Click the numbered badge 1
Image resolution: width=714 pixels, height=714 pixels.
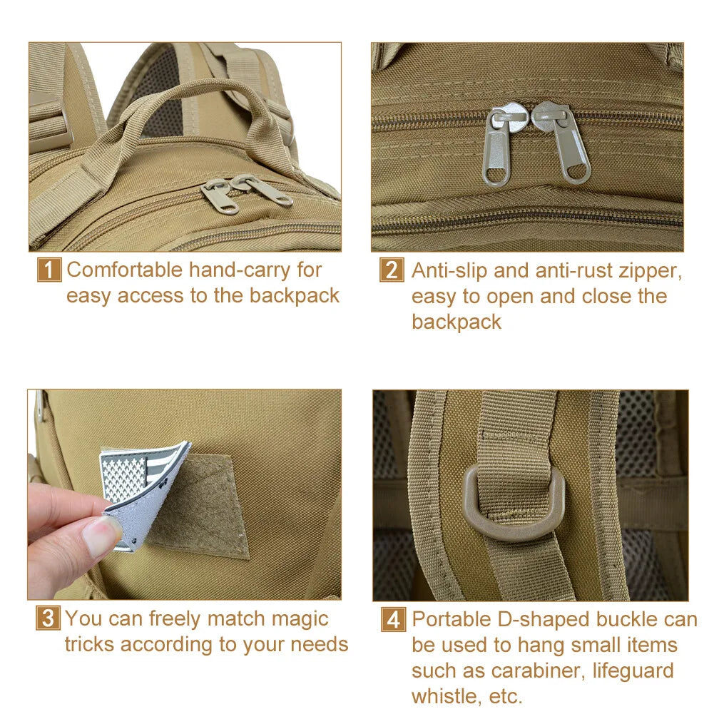49,270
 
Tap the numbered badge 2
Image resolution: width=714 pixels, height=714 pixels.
392,270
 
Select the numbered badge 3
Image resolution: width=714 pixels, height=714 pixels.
48,618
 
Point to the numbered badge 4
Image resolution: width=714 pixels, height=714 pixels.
393,619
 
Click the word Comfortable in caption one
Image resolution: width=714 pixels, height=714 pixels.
125,270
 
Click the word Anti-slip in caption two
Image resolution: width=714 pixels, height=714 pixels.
449,270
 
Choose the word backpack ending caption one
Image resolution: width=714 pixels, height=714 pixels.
294,295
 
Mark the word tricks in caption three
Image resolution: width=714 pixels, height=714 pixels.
89,644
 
